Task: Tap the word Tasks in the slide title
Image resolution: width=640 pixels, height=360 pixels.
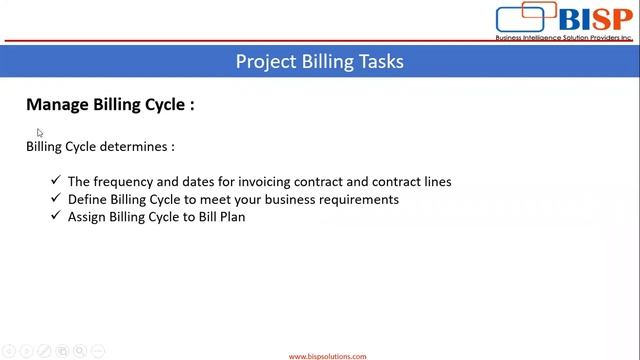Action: coord(380,62)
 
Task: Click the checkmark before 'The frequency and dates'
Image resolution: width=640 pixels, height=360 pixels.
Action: coord(56,182)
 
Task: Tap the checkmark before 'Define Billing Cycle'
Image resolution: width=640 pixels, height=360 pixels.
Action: coord(56,199)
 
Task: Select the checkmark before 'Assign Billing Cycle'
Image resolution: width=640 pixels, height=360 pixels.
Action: coord(56,216)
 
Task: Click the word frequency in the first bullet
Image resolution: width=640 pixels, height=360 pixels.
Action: coord(125,182)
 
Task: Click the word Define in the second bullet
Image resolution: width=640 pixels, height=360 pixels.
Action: coord(87,199)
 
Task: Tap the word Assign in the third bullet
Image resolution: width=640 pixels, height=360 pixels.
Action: coord(88,216)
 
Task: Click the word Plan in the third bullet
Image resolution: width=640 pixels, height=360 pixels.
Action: coord(231,216)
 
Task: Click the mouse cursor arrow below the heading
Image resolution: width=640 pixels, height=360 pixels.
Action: coord(40,132)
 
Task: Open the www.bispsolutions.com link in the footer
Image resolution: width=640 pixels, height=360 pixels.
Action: coord(327,356)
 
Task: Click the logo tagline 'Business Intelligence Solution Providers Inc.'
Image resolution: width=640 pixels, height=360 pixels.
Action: coord(564,38)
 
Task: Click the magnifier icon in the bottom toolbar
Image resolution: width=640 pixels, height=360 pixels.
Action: coord(79,351)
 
